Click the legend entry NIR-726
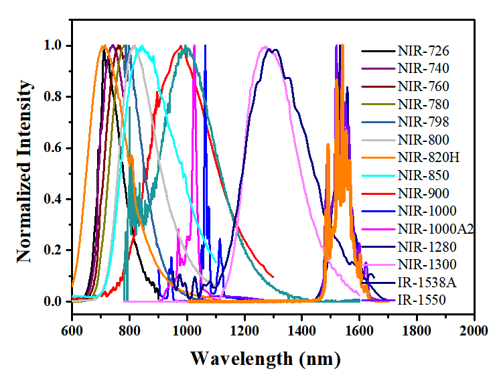point(423,51)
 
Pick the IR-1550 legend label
point(421,301)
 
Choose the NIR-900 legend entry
point(423,194)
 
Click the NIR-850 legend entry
point(423,176)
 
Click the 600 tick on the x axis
point(72,331)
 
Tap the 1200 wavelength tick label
point(244,331)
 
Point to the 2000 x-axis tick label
point(474,331)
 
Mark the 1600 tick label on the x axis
point(359,331)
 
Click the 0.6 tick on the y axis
point(53,148)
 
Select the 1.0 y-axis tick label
point(53,46)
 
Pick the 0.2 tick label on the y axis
point(53,250)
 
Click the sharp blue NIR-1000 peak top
point(205,46)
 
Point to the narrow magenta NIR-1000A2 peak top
point(194,46)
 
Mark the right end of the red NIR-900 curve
point(273,276)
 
